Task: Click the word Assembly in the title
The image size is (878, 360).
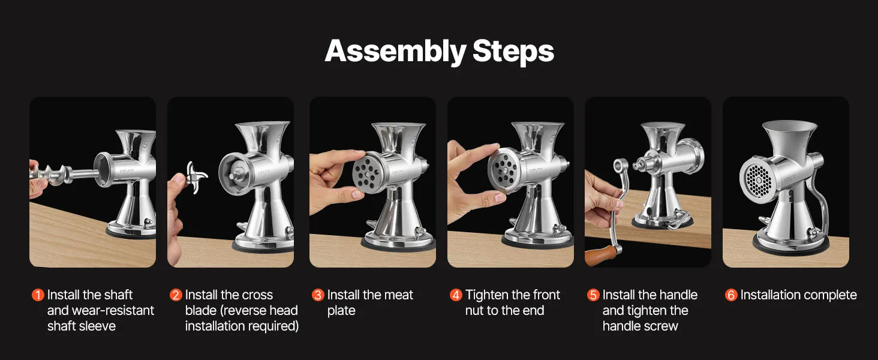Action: pyautogui.click(x=395, y=52)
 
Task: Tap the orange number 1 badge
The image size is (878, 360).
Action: pyautogui.click(x=38, y=295)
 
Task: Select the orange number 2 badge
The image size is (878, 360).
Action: pyautogui.click(x=176, y=295)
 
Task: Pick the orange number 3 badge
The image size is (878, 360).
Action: pyautogui.click(x=318, y=295)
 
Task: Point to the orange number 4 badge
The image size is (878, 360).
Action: pyautogui.click(x=456, y=295)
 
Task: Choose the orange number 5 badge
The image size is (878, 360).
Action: pyautogui.click(x=594, y=295)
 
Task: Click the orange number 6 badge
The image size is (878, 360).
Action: pyautogui.click(x=731, y=295)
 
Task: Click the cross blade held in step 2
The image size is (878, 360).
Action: pyautogui.click(x=195, y=177)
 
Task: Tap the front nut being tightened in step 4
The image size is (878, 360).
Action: pyautogui.click(x=505, y=170)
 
